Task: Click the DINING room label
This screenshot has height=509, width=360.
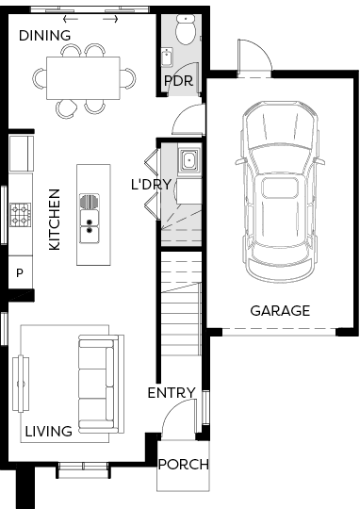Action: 45,36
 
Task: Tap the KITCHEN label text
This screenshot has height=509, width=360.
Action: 55,220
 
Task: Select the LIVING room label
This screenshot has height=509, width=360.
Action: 49,432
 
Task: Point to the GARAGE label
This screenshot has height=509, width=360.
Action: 280,311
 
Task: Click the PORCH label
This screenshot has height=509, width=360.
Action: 184,465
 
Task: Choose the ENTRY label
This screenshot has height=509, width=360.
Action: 172,393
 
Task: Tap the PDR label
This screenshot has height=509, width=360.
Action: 178,81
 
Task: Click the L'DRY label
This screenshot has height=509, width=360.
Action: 151,185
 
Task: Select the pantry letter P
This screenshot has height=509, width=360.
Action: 20,273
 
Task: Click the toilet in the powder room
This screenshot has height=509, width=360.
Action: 186,29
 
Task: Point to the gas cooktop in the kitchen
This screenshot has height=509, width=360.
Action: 21,215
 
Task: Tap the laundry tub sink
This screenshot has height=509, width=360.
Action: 188,159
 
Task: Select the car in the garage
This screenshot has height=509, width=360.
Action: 280,191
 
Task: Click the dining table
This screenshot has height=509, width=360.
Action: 83,78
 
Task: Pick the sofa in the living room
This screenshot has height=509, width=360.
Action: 101,385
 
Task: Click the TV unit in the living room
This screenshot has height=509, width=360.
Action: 21,384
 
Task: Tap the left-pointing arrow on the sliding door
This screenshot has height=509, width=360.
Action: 71,19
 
